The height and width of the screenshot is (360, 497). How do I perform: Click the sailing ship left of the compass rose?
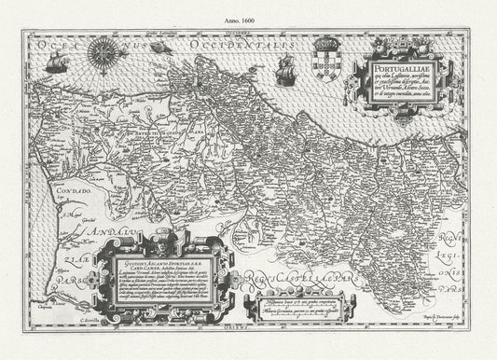[58, 62]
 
